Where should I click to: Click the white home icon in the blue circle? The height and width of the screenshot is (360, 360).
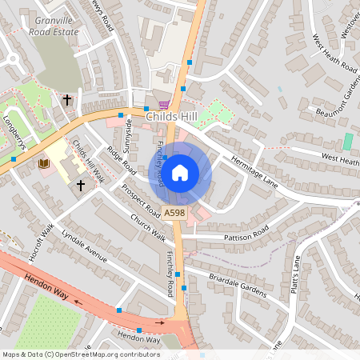click(x=180, y=172)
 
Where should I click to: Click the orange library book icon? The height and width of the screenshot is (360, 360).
click(x=43, y=163)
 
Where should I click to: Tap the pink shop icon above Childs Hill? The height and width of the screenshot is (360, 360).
click(x=164, y=105)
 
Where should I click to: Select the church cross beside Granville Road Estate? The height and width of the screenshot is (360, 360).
click(x=66, y=100)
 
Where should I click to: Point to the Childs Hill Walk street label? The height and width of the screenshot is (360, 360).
click(x=89, y=160)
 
